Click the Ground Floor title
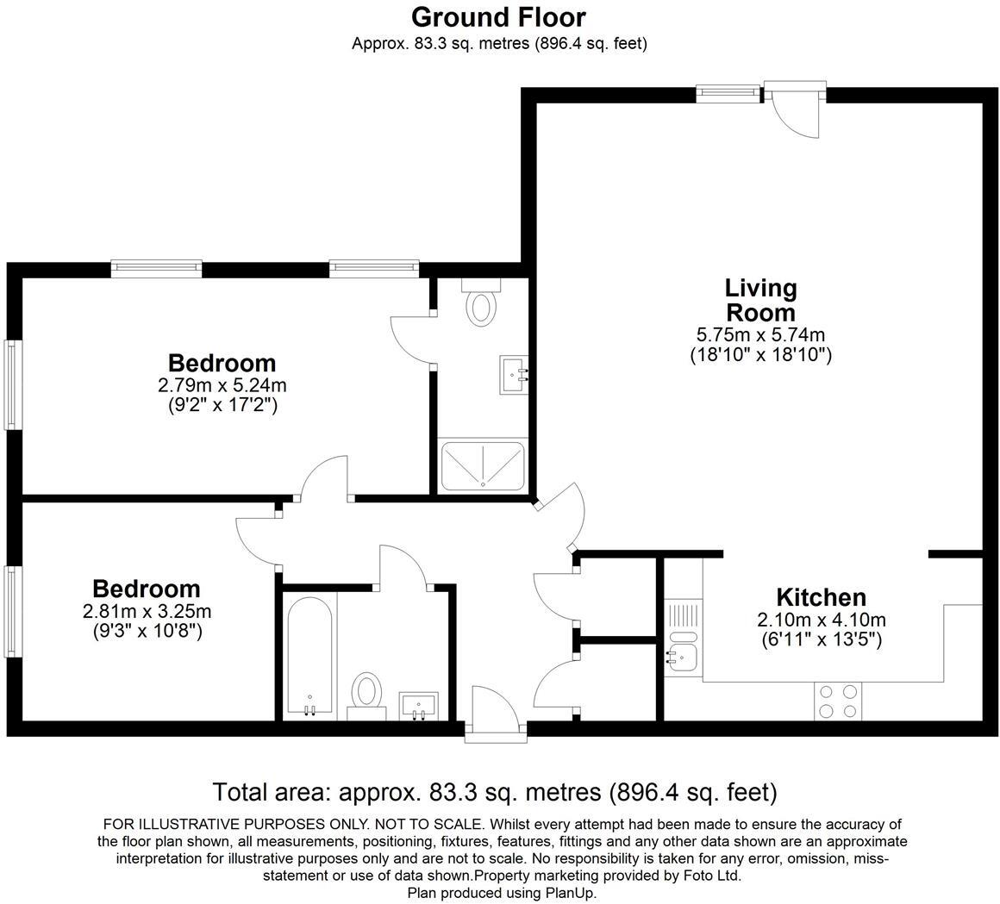point(498,17)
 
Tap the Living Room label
point(760,299)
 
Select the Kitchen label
point(821,597)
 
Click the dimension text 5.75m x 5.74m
point(760,334)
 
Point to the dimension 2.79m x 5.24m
point(222,385)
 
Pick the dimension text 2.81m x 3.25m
point(147,612)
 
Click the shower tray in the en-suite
point(482,465)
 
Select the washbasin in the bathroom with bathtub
point(419,705)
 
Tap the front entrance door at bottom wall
point(495,714)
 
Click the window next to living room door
point(728,92)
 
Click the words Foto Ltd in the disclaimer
point(713,876)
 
